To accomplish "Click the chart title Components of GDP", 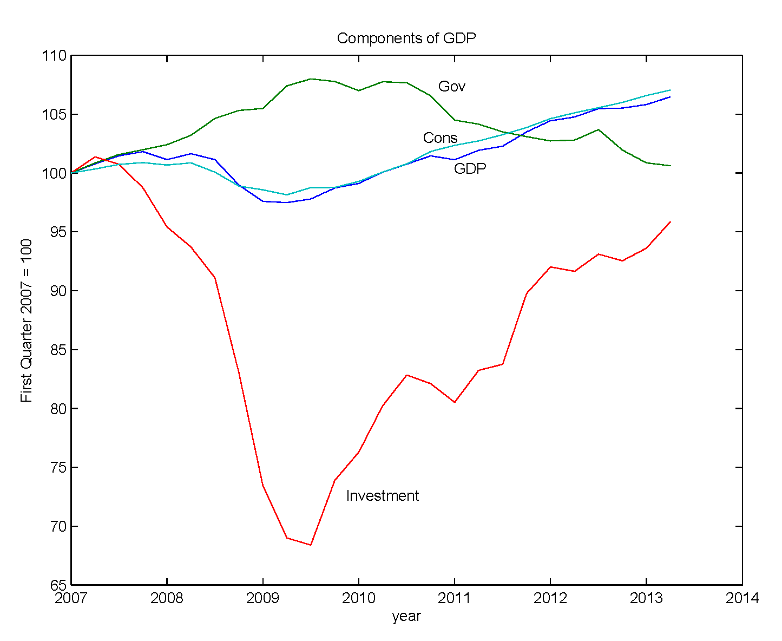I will click(x=406, y=38).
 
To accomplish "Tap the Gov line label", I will click(x=451, y=87).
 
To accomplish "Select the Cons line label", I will click(x=440, y=138).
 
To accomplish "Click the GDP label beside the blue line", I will click(x=470, y=169).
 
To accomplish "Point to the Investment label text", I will click(x=382, y=496).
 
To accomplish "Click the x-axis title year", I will click(x=406, y=616).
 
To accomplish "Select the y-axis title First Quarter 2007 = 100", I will click(x=26, y=320).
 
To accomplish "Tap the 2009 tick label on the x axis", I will click(x=262, y=598).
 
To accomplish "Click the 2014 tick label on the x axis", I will click(x=742, y=598).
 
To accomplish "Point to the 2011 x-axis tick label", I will click(x=454, y=598).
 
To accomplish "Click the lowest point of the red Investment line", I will click(x=311, y=545).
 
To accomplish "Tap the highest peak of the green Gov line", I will click(x=311, y=79).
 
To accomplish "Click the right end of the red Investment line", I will click(x=670, y=222).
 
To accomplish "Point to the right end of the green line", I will click(x=670, y=166).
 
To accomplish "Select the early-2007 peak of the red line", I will click(x=95, y=157).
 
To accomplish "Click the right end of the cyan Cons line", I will click(x=670, y=90).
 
